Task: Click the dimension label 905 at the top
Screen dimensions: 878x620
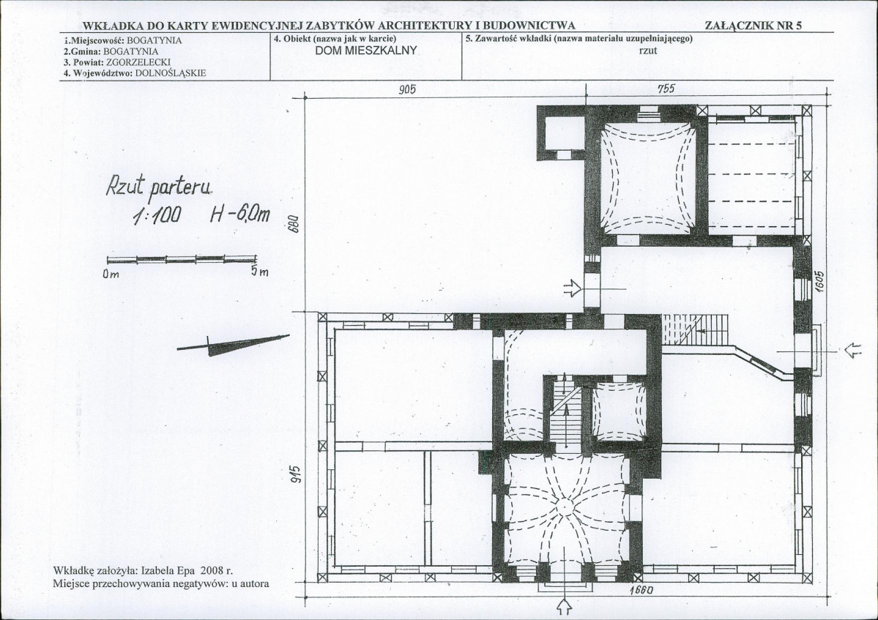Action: tap(407, 89)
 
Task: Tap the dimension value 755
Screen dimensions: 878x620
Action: tap(666, 89)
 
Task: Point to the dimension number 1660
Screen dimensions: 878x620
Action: tap(641, 590)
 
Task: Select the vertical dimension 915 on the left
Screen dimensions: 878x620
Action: tap(297, 474)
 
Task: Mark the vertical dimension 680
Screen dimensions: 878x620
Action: tap(297, 224)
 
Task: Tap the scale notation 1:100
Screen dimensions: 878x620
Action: tap(156, 215)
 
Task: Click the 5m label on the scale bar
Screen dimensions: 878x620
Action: tap(259, 272)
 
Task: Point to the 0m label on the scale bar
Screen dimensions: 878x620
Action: tap(111, 274)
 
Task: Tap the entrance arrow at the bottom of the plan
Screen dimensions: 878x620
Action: tap(565, 605)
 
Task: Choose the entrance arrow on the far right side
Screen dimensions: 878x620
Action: tap(853, 351)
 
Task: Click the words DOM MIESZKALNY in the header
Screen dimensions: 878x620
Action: tap(366, 51)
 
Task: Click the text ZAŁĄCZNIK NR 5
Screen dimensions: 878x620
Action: tap(754, 25)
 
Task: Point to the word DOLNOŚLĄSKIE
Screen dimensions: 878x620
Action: tap(171, 72)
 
